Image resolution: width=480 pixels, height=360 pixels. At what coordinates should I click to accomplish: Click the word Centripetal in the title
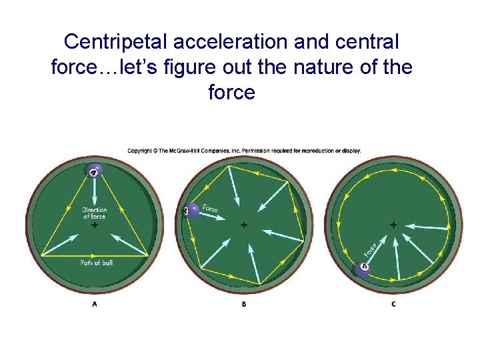116,42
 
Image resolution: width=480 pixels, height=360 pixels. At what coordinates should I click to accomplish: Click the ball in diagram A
95,173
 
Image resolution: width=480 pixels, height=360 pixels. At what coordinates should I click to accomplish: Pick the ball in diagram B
191,211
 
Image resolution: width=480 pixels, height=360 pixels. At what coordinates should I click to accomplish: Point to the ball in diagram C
363,269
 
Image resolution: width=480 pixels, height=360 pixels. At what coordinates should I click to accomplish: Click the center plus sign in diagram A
95,225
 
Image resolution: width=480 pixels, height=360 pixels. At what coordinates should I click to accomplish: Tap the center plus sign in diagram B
244,225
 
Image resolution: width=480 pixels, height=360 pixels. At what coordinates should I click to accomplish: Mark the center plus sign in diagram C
393,225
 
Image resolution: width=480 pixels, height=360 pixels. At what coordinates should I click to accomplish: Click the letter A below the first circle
95,304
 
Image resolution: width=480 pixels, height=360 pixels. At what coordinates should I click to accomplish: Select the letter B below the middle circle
244,304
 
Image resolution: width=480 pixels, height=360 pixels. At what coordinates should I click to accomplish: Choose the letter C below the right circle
393,304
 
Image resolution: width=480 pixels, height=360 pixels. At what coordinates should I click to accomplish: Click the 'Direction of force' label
95,213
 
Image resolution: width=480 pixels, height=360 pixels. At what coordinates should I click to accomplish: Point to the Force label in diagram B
211,209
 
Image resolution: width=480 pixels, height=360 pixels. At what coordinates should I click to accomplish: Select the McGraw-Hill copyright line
244,151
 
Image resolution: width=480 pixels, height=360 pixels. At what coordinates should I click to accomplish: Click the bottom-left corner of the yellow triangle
41,255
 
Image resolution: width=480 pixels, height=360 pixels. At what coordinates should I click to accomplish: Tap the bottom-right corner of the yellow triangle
148,255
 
